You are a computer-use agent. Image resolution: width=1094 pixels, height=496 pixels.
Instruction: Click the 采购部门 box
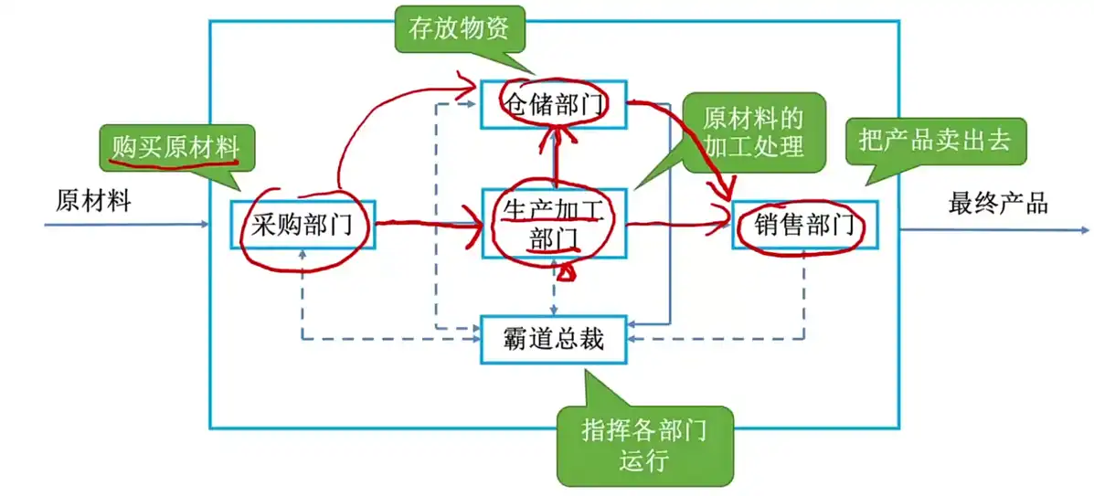click(302, 224)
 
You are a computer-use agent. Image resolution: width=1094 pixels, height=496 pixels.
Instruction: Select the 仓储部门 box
click(553, 104)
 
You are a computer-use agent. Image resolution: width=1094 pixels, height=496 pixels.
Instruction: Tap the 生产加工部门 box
click(553, 223)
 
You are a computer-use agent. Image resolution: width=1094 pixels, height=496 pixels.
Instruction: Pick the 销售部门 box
click(804, 224)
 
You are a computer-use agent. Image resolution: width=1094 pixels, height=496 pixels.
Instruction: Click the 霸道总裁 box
click(553, 339)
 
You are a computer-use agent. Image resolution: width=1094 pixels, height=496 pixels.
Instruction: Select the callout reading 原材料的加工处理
click(753, 132)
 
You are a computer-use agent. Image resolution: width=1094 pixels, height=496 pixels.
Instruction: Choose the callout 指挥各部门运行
click(643, 444)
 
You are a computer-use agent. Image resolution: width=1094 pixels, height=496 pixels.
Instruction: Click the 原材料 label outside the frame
click(93, 201)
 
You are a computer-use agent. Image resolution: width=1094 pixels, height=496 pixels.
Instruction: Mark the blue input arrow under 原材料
click(128, 223)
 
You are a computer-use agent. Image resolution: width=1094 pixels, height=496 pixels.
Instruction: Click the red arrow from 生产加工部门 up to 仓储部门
click(555, 160)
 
